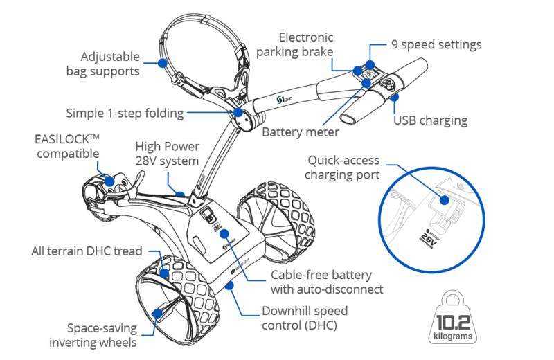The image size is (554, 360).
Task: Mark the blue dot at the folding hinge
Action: point(239,111)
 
